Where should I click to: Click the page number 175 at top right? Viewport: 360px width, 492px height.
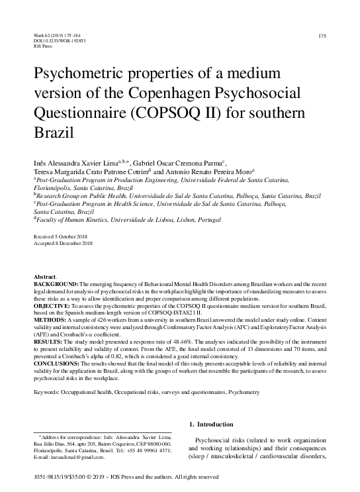323,36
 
